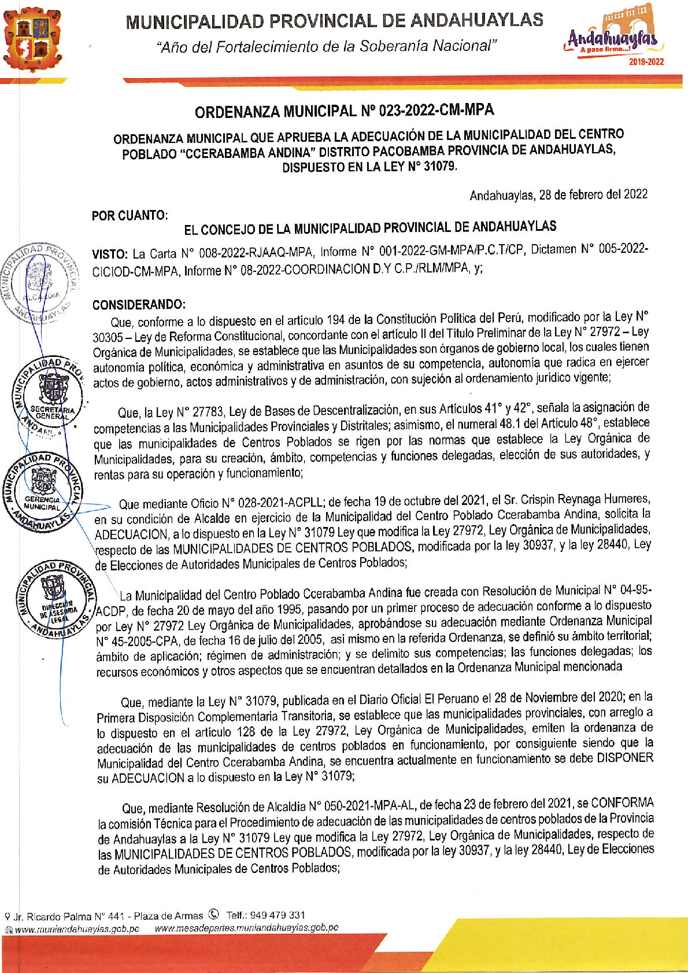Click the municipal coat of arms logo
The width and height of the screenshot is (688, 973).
coord(33,38)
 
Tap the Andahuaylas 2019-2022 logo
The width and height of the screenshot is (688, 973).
coord(614,39)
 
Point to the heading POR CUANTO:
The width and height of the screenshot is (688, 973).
coord(130,216)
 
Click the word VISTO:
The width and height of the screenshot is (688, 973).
coord(110,254)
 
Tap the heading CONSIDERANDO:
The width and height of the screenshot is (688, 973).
coord(139,305)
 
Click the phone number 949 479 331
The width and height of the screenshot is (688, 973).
coord(281,915)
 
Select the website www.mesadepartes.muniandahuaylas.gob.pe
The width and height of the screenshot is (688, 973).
coord(247,927)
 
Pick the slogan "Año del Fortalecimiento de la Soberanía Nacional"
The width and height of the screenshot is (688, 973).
coord(326,46)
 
